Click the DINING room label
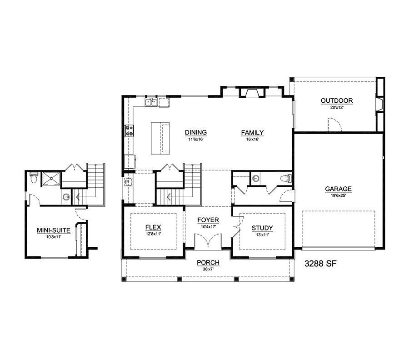[x=196, y=133]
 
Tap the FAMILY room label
[x=252, y=133]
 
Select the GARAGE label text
[x=338, y=189]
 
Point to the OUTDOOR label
[x=337, y=101]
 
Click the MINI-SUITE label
[x=53, y=230]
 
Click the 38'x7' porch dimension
[x=208, y=270]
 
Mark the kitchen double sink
[x=151, y=103]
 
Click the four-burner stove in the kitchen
[x=129, y=131]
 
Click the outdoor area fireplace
[x=379, y=105]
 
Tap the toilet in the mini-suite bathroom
[x=33, y=178]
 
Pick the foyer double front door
[x=208, y=241]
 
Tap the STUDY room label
[x=262, y=228]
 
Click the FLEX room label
[x=153, y=227]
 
